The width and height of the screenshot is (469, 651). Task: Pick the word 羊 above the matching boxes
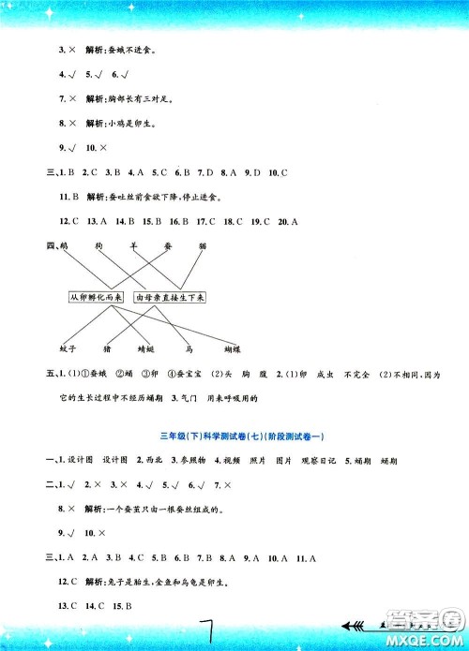[x=134, y=245]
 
